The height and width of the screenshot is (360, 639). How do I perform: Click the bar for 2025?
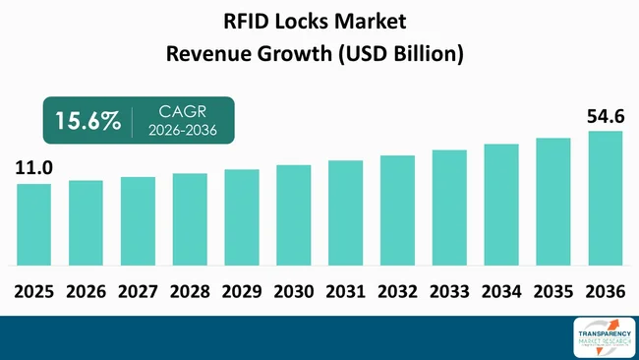[x=33, y=224]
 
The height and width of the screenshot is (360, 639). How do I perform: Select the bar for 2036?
[x=606, y=198]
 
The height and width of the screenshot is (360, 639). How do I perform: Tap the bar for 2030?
[x=294, y=214]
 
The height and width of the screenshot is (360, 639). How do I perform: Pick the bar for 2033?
[x=449, y=208]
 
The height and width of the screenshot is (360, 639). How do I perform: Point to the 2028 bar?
[x=190, y=219]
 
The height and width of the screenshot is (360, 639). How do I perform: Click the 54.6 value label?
[x=605, y=117]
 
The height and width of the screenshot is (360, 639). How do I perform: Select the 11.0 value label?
[x=32, y=169]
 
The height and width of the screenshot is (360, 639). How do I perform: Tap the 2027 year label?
[x=138, y=291]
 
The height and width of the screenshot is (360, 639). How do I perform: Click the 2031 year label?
[x=346, y=291]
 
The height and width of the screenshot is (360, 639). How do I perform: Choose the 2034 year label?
[x=501, y=291]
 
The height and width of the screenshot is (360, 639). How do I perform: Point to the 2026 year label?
[x=86, y=291]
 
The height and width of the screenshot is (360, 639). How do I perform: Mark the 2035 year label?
[x=553, y=291]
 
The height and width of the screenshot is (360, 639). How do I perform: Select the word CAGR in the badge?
[x=184, y=112]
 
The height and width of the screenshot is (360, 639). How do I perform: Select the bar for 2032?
[x=397, y=210]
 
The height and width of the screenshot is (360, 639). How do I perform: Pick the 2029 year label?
[x=242, y=291]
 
